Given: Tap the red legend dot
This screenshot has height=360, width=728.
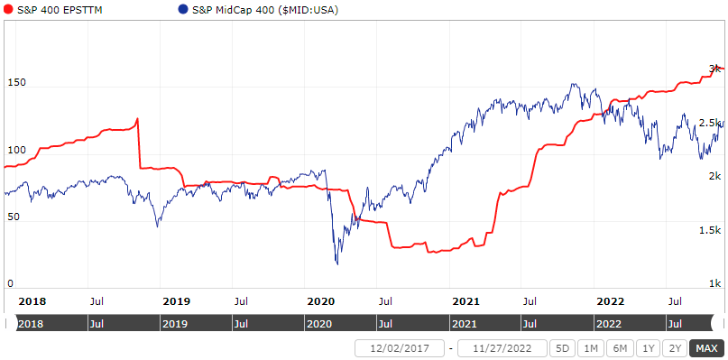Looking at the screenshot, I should click(x=8, y=8).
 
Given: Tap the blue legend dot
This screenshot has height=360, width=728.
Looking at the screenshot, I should click(x=183, y=8).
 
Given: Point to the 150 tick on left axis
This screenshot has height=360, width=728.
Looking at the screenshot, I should click(x=17, y=83).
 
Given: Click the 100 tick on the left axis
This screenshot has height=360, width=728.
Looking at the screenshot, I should click(x=17, y=150).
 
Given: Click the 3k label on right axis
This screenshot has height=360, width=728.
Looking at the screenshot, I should click(x=714, y=69).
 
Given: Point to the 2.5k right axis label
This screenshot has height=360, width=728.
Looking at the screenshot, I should click(x=710, y=123).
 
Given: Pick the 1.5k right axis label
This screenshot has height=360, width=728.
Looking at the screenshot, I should click(x=710, y=231).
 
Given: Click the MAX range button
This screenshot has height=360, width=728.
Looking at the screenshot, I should click(x=706, y=348).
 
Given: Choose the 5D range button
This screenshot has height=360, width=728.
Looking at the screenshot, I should click(x=562, y=348).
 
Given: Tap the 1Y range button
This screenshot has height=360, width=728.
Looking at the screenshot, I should click(x=646, y=348).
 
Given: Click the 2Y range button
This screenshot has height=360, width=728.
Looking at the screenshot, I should click(x=674, y=348).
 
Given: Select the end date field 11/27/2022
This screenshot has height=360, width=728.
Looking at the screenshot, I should click(x=502, y=348).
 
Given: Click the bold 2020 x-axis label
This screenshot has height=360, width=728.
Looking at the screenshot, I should click(x=320, y=300).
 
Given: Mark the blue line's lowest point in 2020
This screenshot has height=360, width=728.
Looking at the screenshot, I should click(x=337, y=264).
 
